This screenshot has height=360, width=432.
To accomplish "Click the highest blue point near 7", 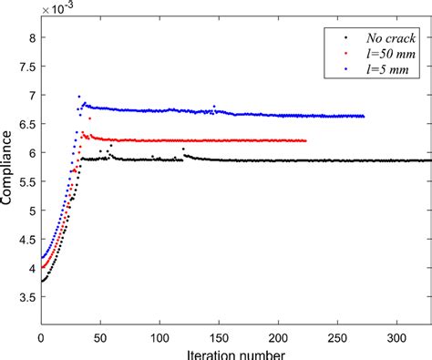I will pos(78,96).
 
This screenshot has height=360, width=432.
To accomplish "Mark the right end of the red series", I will pos(305,140).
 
